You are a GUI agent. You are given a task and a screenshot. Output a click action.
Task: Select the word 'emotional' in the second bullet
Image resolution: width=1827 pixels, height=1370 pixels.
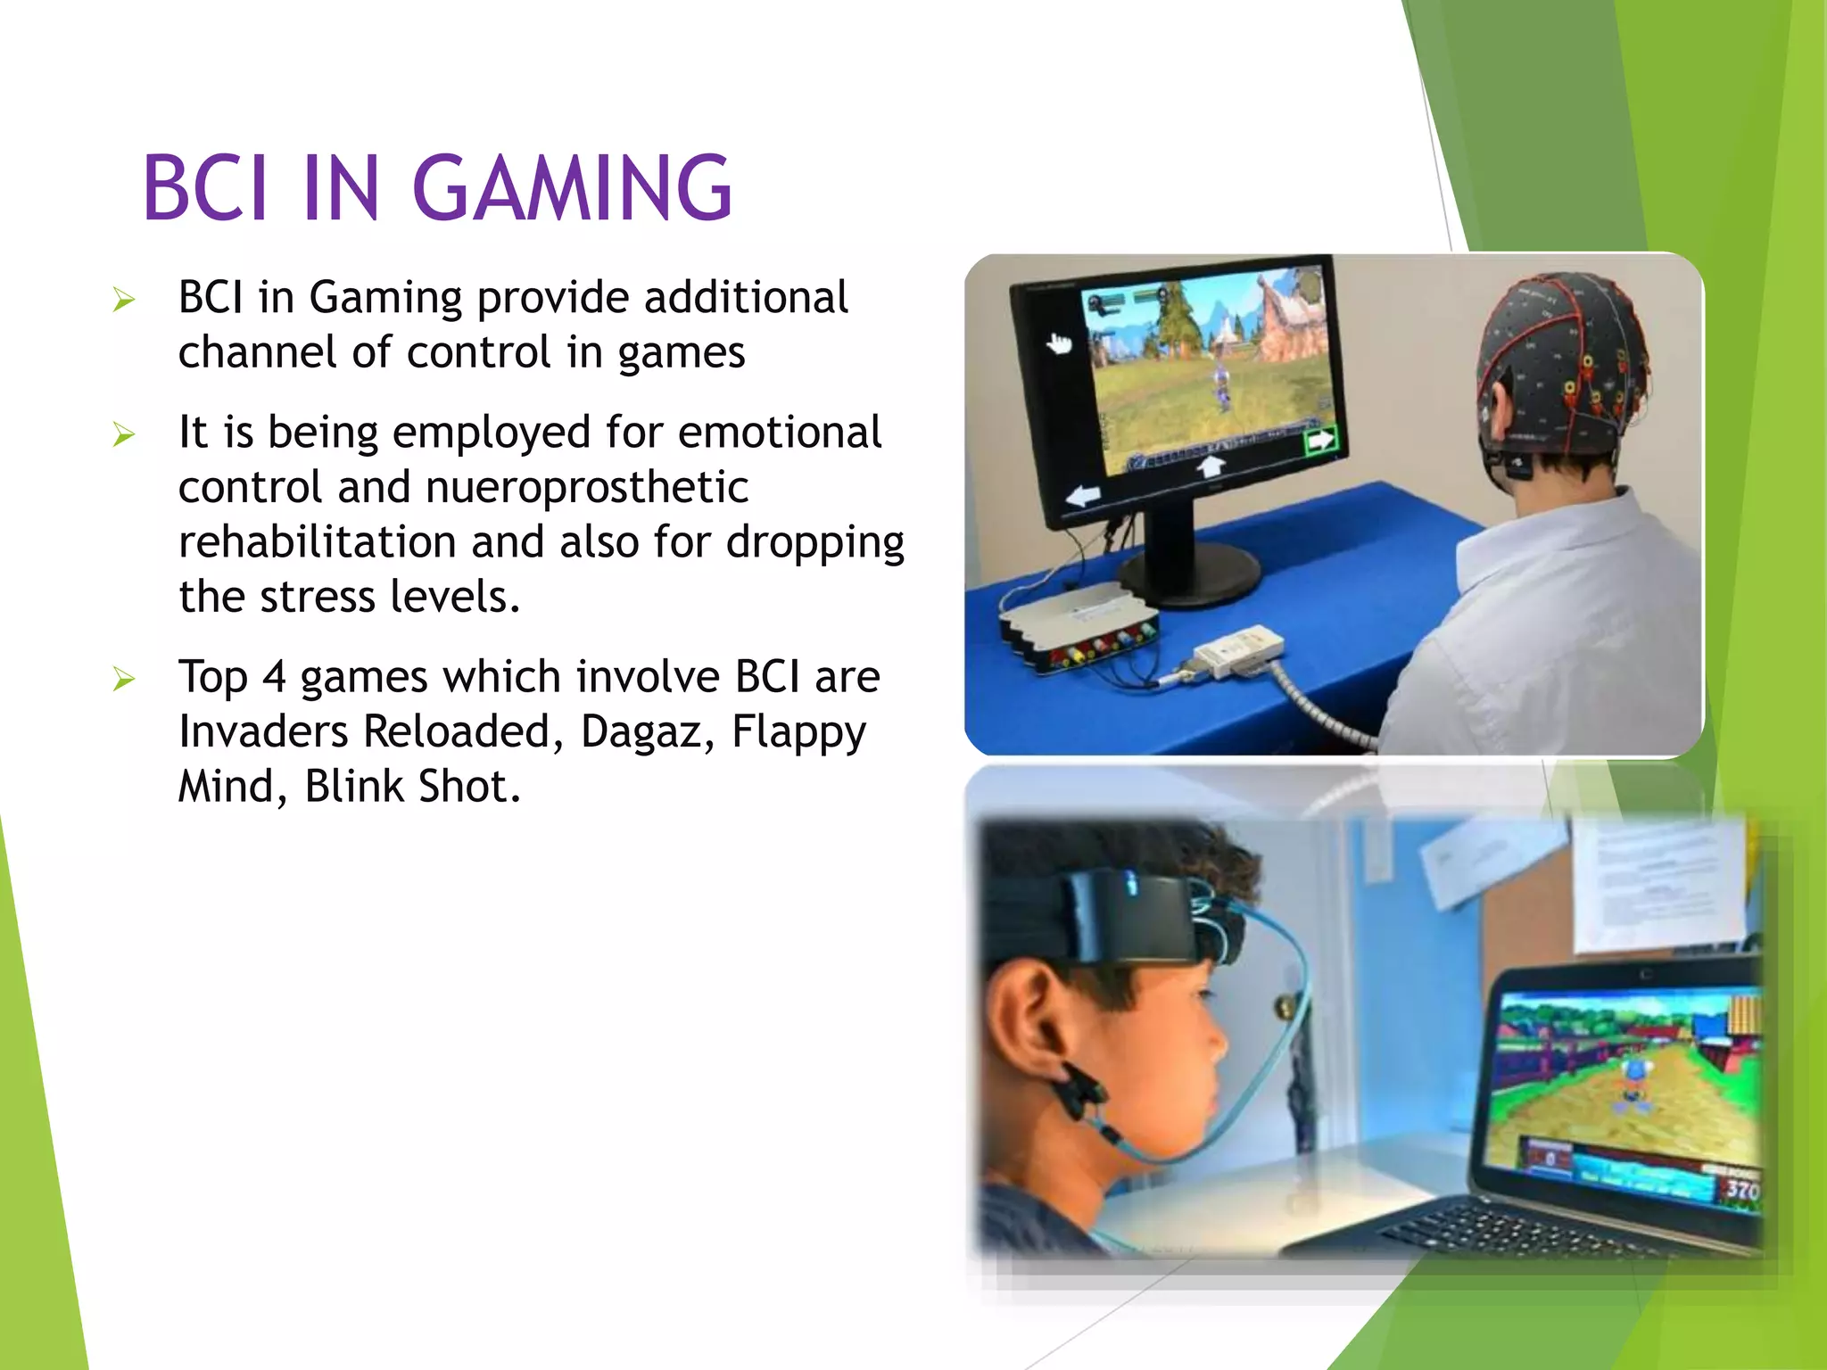point(780,433)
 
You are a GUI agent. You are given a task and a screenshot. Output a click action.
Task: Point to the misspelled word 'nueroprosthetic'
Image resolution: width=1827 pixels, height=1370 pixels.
point(587,487)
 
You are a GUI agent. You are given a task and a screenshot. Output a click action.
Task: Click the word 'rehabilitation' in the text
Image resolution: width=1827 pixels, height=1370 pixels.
point(317,541)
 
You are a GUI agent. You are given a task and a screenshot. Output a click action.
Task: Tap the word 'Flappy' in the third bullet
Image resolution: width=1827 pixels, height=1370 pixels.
point(798,733)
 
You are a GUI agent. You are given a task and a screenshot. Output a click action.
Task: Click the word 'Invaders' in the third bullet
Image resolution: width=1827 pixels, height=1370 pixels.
point(263,731)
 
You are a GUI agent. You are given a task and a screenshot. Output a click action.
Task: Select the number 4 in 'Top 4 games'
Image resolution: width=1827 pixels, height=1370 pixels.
point(274,677)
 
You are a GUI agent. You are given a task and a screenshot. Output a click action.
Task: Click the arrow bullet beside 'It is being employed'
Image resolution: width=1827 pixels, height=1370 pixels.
point(124,435)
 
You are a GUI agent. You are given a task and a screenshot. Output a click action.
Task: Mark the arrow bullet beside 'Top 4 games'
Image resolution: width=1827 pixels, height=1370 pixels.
point(124,680)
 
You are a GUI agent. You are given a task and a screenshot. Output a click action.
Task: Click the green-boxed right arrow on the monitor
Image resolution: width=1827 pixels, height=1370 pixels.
point(1320,441)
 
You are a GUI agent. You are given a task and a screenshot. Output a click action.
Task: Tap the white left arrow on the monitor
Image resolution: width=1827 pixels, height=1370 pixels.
point(1083,496)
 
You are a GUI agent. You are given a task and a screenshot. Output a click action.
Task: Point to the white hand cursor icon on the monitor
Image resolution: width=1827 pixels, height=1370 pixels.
point(1059,342)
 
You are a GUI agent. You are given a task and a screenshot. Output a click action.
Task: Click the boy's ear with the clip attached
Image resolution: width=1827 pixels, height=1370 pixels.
point(1026,1026)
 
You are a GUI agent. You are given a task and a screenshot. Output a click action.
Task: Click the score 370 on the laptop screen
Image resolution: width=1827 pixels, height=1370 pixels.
point(1741,1190)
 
